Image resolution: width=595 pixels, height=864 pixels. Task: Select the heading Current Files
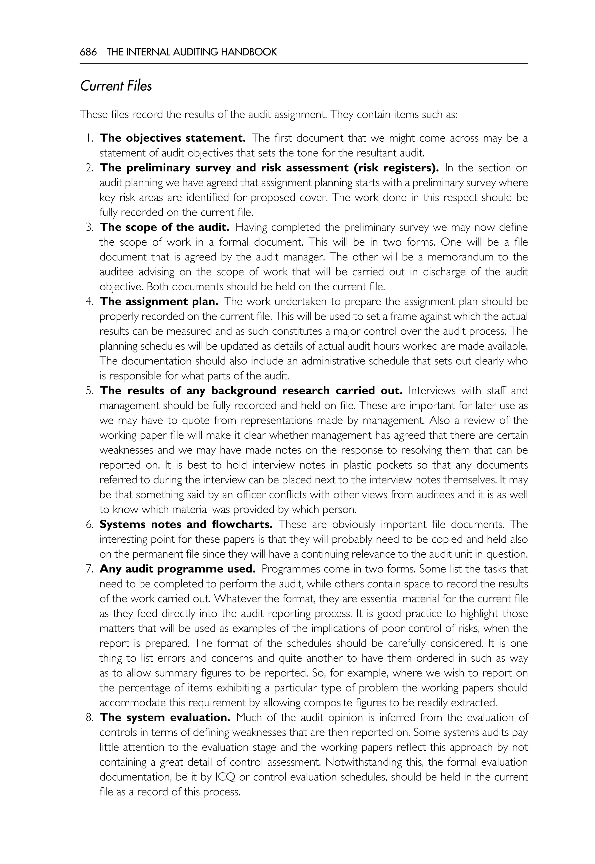(116, 86)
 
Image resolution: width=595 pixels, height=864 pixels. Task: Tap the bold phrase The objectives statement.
(172, 138)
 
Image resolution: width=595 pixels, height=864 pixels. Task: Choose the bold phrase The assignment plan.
(159, 301)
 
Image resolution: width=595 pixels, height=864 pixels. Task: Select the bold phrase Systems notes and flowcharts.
(186, 525)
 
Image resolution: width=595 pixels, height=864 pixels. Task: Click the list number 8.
(89, 718)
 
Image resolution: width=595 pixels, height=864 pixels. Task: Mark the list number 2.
(89, 168)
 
